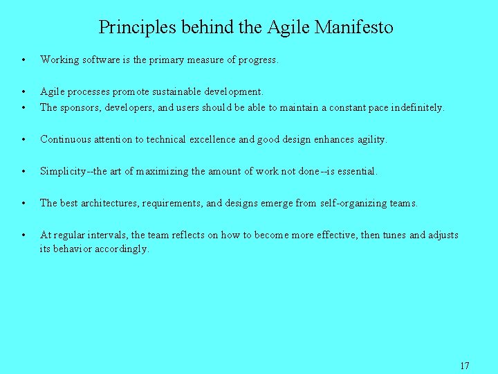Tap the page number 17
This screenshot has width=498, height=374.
[464, 365]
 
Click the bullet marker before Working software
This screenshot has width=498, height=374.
[24, 60]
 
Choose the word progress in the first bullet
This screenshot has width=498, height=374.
[258, 60]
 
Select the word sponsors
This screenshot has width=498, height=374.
[80, 107]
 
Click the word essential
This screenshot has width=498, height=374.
[356, 171]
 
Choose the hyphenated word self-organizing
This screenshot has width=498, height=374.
[355, 203]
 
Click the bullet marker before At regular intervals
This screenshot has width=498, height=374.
[24, 235]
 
